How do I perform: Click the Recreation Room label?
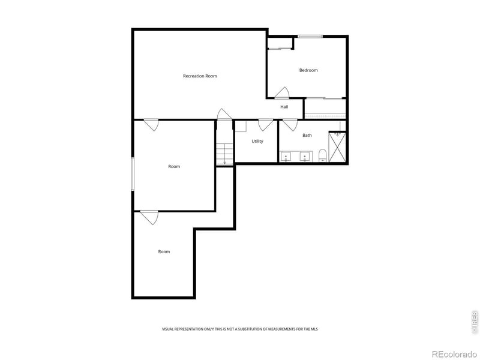click(200, 76)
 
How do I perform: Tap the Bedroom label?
click(308, 70)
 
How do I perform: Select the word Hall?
click(284, 107)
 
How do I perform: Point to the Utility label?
click(257, 141)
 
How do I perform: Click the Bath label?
click(307, 135)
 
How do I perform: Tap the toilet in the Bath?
click(322, 156)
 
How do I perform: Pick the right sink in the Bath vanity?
click(305, 157)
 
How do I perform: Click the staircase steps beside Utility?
click(224, 153)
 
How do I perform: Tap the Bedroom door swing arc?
click(282, 93)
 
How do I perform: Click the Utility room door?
click(265, 125)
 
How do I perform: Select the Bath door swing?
click(290, 125)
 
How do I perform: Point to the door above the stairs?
click(224, 114)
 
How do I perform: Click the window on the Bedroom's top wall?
click(310, 37)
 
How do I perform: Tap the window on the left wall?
click(133, 174)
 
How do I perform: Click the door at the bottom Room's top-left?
click(149, 217)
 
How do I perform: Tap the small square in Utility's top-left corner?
click(240, 126)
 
